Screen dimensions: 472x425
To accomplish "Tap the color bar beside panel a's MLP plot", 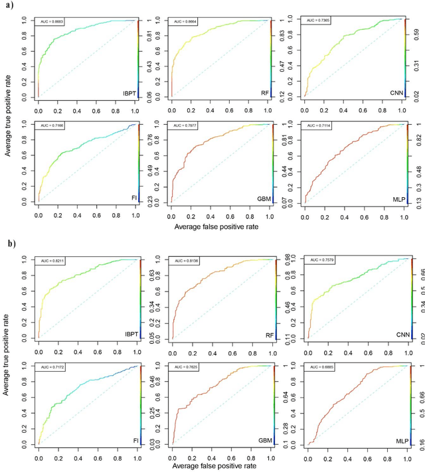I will click(x=408, y=163).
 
